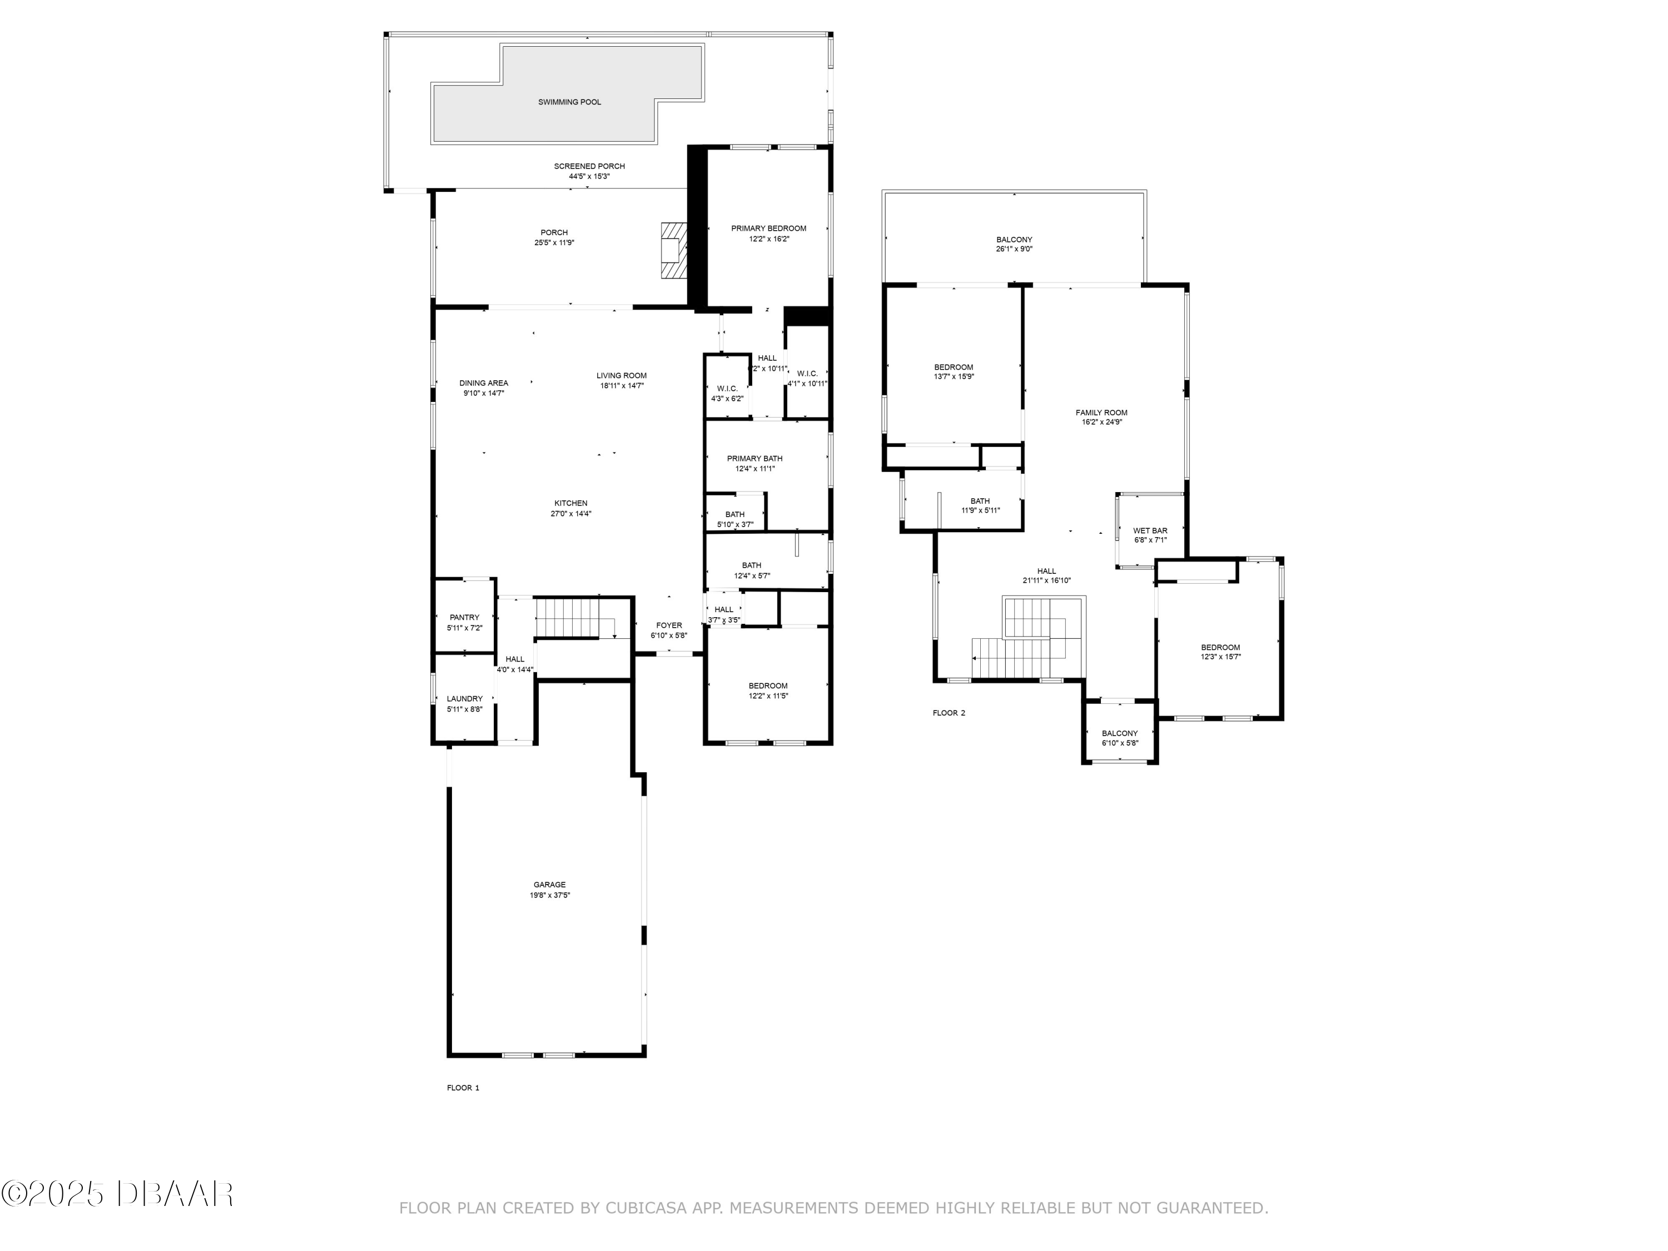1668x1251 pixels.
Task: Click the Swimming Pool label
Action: [x=569, y=102]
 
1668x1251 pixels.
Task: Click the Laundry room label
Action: [x=464, y=699]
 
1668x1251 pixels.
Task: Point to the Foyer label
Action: [x=669, y=625]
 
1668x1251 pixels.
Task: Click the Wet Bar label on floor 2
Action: [x=1150, y=531]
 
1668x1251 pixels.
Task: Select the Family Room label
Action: [x=1101, y=413]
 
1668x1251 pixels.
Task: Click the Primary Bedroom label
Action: [x=768, y=229]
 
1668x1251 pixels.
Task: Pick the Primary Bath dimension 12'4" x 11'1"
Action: [x=755, y=468]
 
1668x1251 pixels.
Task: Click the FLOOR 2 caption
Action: [x=949, y=713]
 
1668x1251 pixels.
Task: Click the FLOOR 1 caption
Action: [x=463, y=1088]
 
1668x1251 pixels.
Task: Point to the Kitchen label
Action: [x=571, y=503]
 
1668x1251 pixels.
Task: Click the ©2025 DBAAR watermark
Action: [x=117, y=1194]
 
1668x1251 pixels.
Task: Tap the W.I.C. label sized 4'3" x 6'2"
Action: [x=727, y=388]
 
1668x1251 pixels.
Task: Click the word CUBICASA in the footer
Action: [x=646, y=1208]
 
